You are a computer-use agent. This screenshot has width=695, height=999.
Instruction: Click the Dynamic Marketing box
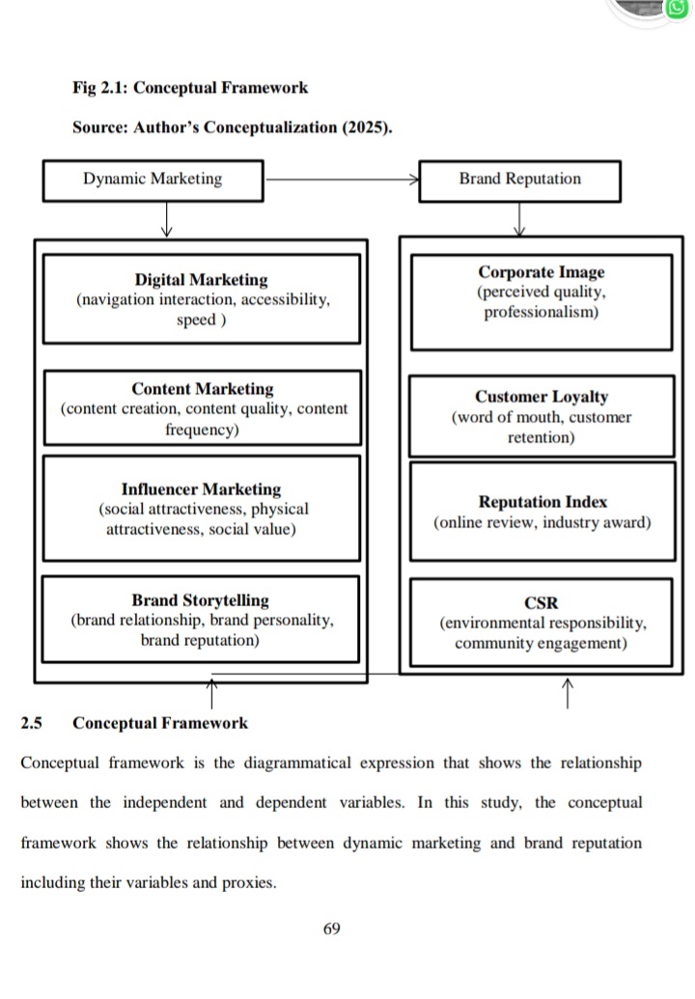(153, 180)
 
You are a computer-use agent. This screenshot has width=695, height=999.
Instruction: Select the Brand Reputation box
(519, 180)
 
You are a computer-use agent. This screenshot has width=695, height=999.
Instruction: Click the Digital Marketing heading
(201, 280)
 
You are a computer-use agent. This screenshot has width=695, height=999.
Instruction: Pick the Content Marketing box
(203, 408)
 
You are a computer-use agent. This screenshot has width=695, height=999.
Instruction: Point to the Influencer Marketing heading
(201, 489)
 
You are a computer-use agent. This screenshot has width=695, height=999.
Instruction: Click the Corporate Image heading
(541, 272)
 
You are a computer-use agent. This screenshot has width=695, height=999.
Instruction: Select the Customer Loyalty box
(541, 416)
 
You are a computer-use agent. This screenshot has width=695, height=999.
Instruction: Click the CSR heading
(541, 603)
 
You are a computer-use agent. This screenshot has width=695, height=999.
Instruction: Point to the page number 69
(332, 930)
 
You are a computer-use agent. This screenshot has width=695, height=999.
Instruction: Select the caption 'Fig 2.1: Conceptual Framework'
(190, 88)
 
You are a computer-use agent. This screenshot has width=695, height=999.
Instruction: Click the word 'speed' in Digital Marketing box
(197, 319)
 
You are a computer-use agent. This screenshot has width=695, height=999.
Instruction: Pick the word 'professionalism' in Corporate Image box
(541, 313)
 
